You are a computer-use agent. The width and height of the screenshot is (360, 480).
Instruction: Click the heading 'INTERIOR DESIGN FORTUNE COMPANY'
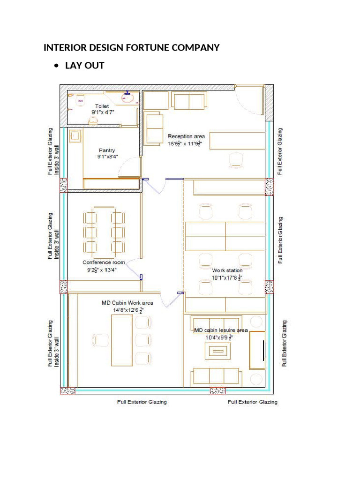click(x=131, y=48)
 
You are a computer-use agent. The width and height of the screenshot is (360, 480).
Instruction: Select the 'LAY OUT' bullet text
click(x=84, y=66)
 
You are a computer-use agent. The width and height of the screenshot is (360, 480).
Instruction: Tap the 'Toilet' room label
click(x=102, y=106)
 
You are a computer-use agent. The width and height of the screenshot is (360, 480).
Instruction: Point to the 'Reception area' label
click(x=186, y=136)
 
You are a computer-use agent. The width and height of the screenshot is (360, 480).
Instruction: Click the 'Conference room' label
click(x=104, y=262)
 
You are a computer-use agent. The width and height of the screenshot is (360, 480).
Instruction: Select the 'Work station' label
click(x=227, y=270)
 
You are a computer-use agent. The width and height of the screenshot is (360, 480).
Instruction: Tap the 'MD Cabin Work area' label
click(x=127, y=303)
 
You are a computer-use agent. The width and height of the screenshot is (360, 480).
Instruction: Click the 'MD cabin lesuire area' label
click(x=221, y=330)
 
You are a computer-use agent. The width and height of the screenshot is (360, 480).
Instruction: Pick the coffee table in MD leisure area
click(x=216, y=350)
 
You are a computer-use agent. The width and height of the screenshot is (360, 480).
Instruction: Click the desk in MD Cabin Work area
click(x=122, y=340)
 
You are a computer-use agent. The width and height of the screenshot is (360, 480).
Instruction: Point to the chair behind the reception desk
click(x=237, y=159)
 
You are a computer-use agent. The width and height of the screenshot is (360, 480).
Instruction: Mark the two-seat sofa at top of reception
click(x=188, y=100)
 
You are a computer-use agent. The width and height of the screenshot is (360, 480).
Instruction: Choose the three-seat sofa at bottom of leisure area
click(x=216, y=376)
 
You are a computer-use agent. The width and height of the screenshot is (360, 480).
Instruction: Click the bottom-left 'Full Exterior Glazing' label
click(x=142, y=402)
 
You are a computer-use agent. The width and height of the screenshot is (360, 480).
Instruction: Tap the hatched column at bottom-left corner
click(x=67, y=390)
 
